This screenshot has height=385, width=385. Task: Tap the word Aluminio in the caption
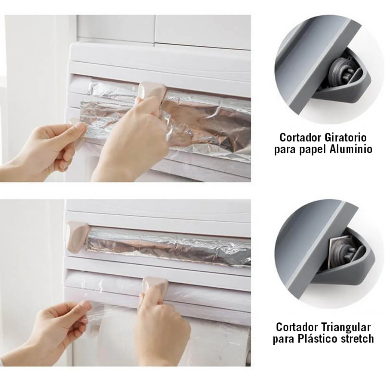point(351,149)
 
